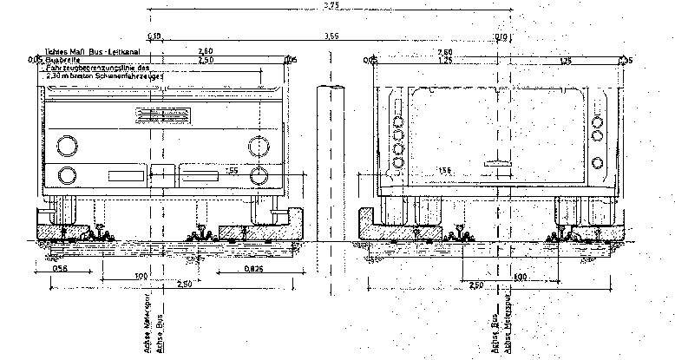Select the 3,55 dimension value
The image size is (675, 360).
[331, 37]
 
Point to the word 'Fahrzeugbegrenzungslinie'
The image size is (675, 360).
[95, 67]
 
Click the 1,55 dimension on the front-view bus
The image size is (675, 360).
[232, 170]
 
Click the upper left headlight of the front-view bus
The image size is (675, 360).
[65, 144]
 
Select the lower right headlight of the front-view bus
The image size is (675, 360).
[257, 175]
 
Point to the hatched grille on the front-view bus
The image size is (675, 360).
[162, 117]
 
